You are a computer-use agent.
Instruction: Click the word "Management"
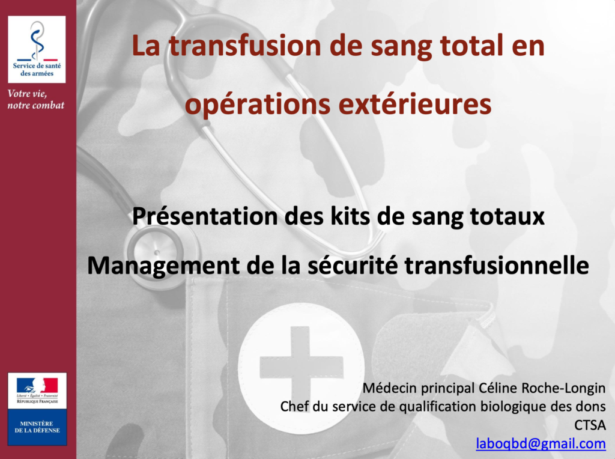[x=163, y=266]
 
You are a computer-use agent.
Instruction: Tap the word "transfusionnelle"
[x=497, y=265]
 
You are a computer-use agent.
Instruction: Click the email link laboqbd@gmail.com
[x=541, y=444]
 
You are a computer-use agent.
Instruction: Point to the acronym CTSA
[x=590, y=425]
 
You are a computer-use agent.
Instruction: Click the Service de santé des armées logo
[x=37, y=49]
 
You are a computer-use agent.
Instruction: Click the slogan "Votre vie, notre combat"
[x=35, y=99]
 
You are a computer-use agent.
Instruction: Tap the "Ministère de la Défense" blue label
[x=37, y=427]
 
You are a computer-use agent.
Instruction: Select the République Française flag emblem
[x=37, y=386]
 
